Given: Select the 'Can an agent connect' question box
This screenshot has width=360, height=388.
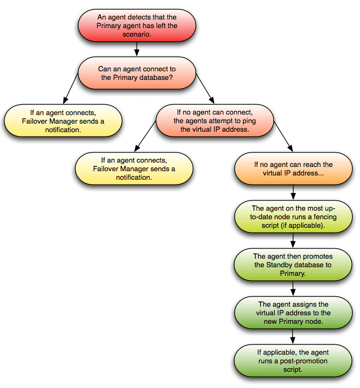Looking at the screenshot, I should coord(136,73).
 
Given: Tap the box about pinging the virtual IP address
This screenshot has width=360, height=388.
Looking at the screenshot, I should coord(215,121).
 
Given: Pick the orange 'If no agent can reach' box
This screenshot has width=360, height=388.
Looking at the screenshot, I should coord(293,169).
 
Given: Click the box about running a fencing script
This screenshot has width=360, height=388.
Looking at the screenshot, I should coord(293,217).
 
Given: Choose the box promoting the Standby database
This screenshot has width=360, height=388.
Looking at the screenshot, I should coord(293,265).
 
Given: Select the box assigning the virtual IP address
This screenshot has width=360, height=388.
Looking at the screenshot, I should coord(293,313).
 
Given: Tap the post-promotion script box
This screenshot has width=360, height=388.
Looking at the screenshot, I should coord(293,360).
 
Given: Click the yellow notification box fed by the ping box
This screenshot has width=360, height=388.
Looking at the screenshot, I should coord(134,169).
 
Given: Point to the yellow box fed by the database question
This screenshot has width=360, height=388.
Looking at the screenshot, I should coord(63,121).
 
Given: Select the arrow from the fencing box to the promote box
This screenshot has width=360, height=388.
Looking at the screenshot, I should coord(293,241).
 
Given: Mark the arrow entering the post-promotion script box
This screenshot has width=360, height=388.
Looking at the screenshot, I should coord(293,337).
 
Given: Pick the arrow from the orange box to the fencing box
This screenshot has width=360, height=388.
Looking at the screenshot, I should coord(293,193).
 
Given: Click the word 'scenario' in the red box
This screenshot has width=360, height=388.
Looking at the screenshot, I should coord(136,34).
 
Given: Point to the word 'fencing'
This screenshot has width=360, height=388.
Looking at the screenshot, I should coord(310,217).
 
